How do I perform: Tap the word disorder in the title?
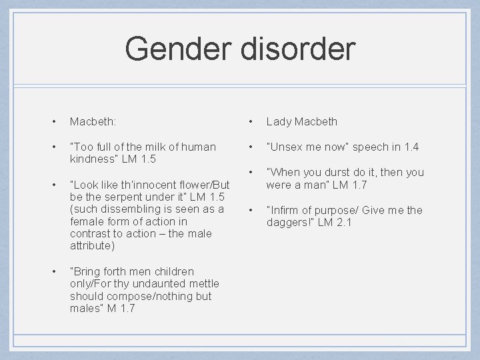[x=300, y=49]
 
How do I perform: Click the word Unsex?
[x=287, y=147]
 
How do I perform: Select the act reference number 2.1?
[x=343, y=222]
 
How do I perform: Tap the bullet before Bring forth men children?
[x=53, y=271]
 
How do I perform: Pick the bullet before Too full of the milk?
[x=53, y=147]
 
